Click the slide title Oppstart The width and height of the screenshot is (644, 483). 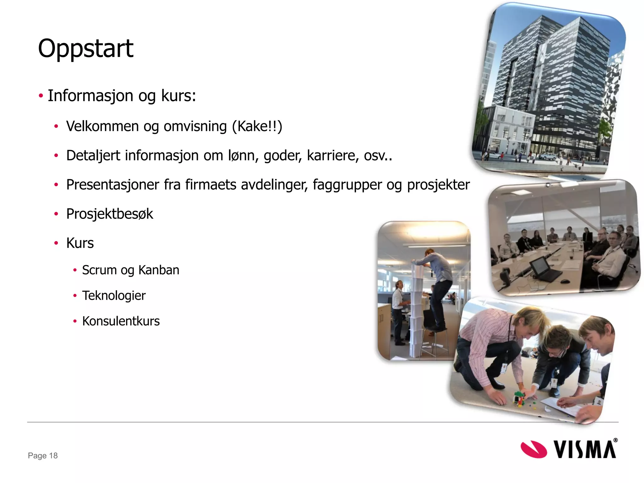tap(86, 49)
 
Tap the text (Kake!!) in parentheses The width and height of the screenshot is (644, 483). tap(257, 126)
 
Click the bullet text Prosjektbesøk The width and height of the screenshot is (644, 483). tap(109, 214)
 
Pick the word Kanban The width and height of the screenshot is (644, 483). tap(159, 270)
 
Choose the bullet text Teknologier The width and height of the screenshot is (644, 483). tap(114, 296)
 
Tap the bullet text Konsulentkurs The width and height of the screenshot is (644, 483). tap(121, 321)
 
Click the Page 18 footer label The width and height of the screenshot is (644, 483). tap(43, 456)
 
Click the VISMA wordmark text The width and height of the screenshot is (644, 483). tap(584, 450)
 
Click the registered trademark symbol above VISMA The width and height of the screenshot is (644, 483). tap(615, 440)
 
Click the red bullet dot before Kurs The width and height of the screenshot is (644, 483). tap(56, 243)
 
